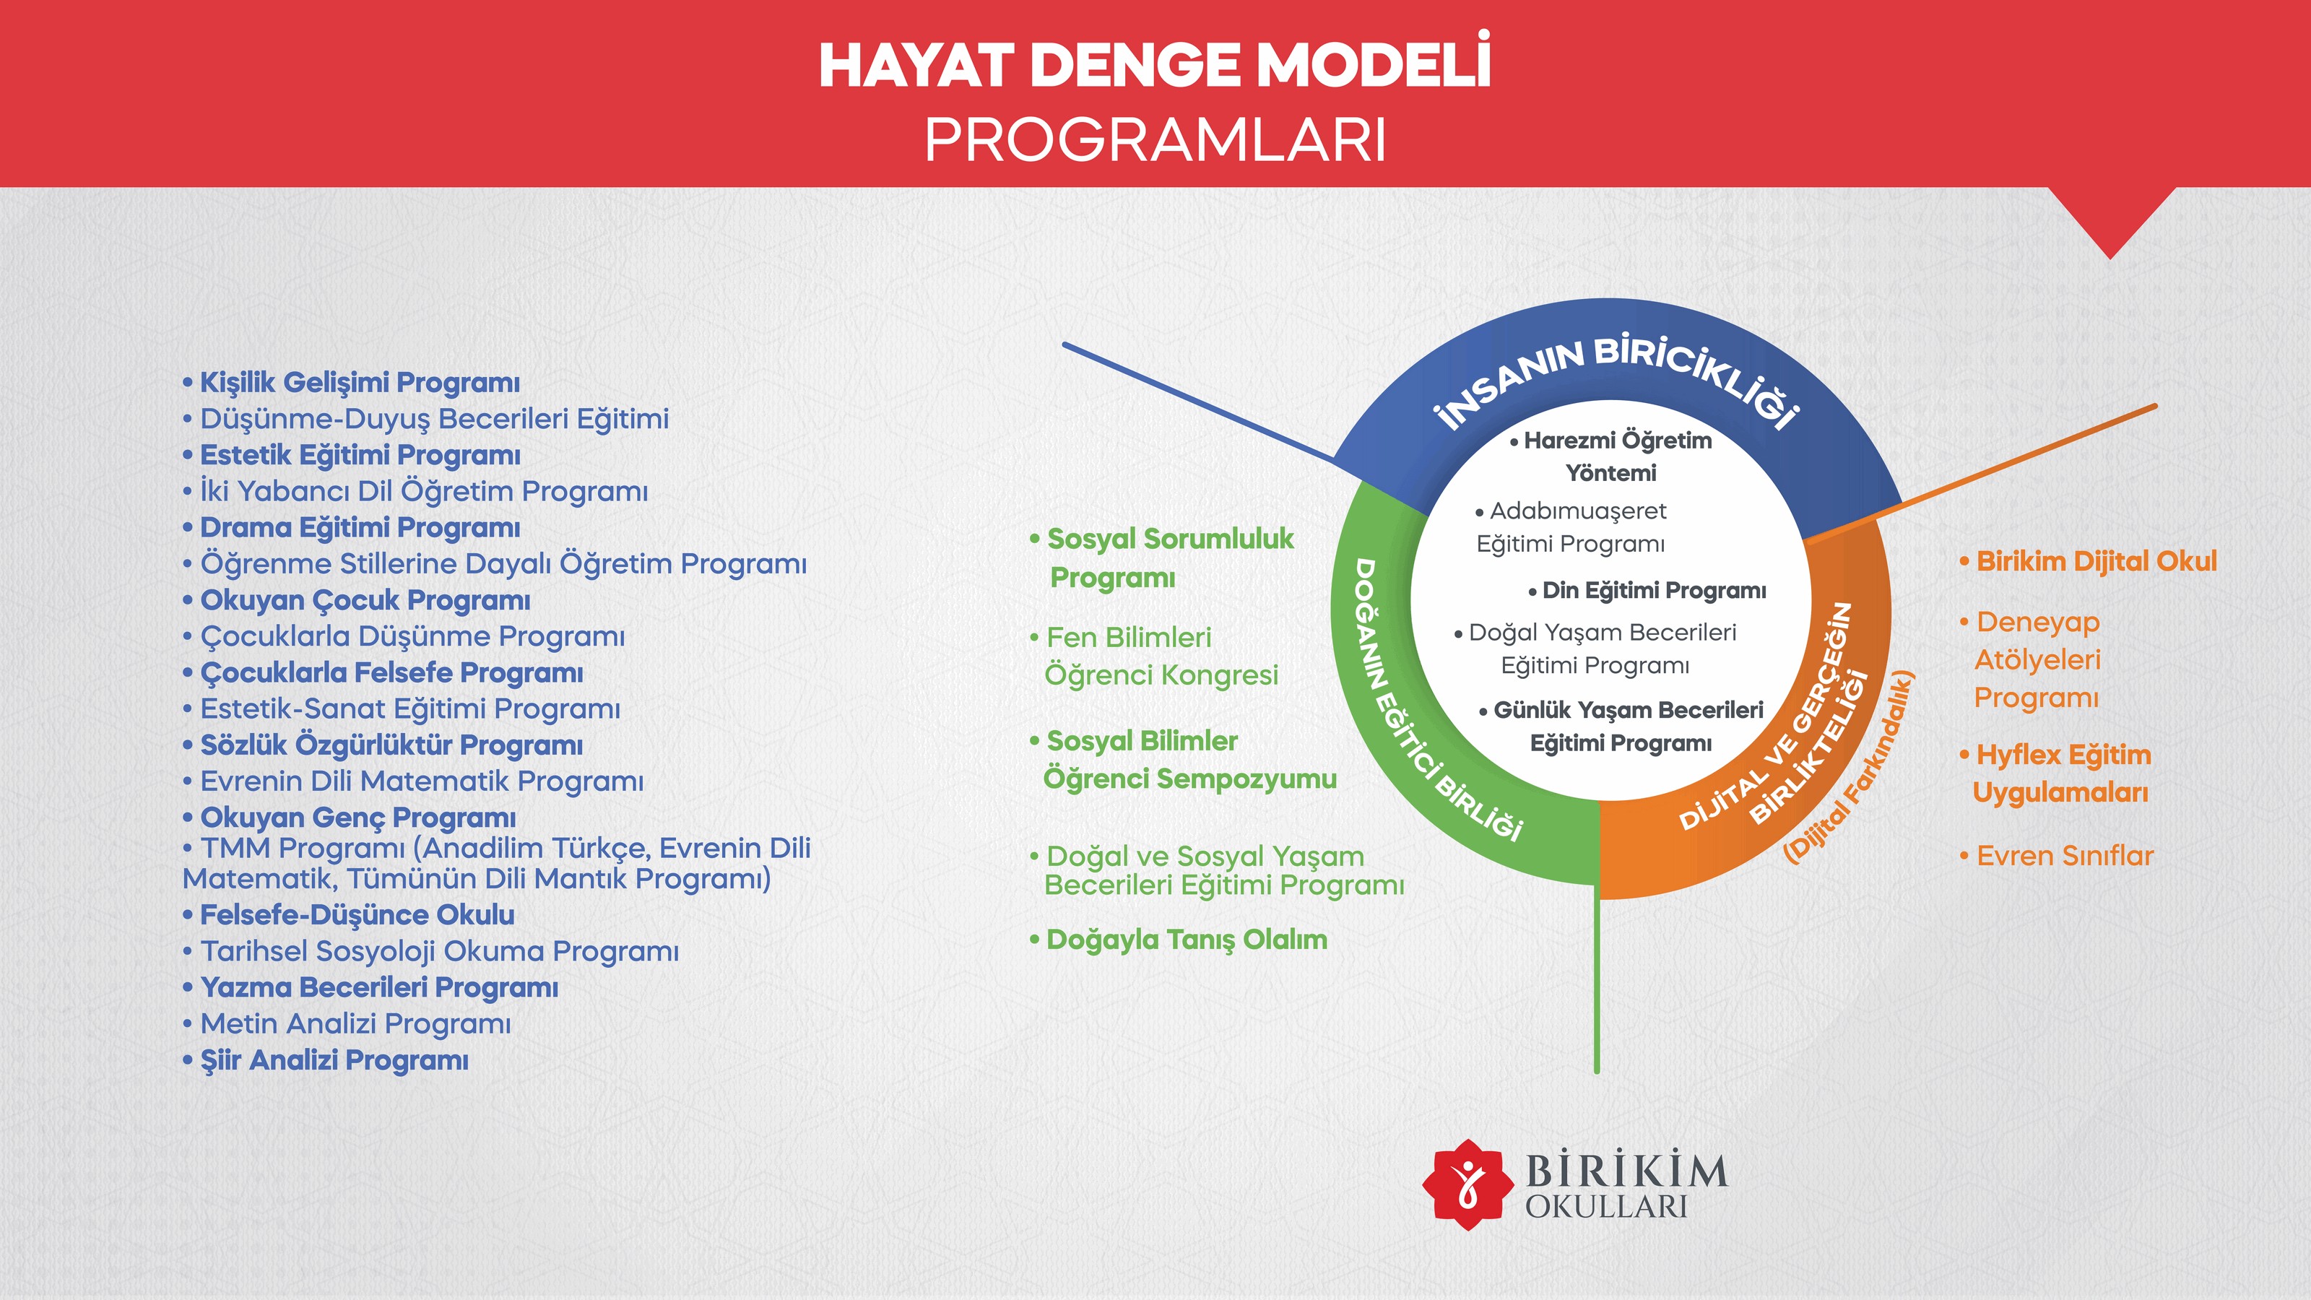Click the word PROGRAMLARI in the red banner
pos(1155,140)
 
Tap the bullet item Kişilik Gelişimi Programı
pos(351,383)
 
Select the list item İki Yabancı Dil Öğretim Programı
pos(415,491)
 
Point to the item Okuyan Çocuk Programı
pos(356,600)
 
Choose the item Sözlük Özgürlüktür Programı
pos(382,745)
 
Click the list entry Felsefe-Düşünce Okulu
pos(348,915)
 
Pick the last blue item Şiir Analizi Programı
pos(325,1060)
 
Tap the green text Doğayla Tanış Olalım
pos(1178,940)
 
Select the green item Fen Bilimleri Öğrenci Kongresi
pos(1154,656)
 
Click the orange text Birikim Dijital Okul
pos(2088,562)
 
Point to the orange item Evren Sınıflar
pos(2056,856)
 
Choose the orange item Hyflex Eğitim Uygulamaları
pos(2055,773)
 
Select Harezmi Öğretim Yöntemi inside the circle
pos(1611,456)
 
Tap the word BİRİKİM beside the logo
pos(1626,1170)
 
